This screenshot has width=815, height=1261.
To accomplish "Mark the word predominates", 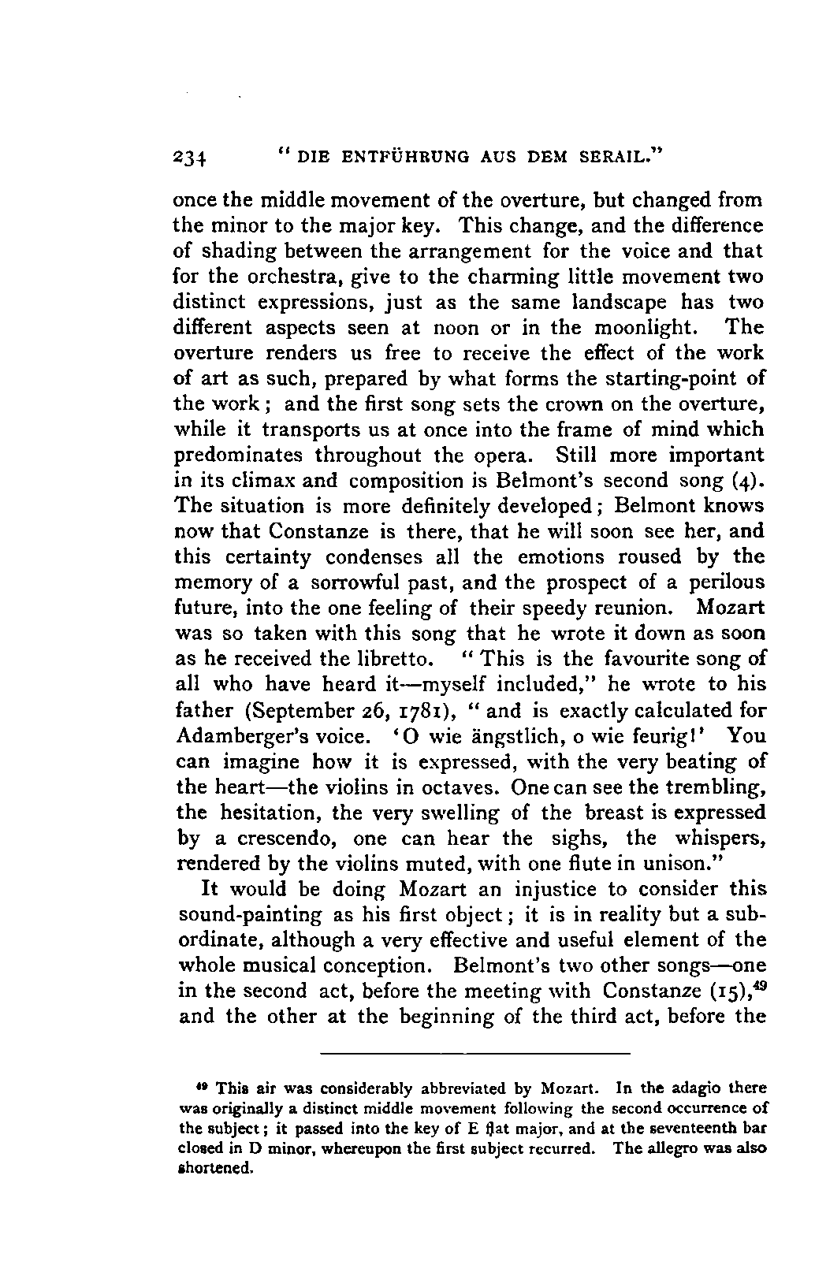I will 237,456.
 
